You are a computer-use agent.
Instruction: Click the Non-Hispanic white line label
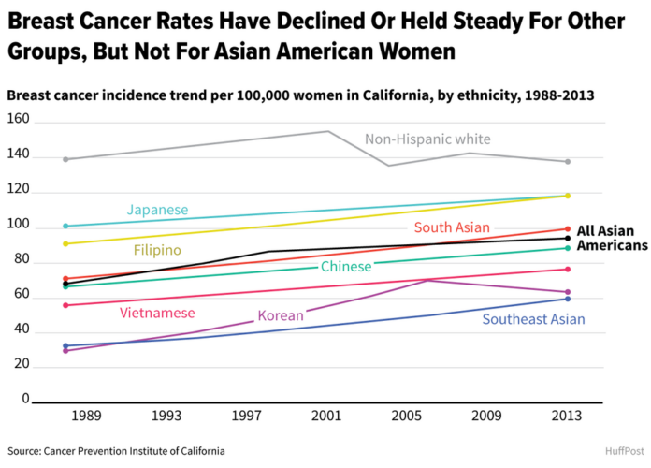[x=427, y=140]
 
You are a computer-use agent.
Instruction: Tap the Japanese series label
[x=158, y=210]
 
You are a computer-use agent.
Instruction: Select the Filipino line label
[x=157, y=251]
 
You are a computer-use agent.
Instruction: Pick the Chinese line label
[x=346, y=268]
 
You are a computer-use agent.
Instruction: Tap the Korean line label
[x=281, y=316]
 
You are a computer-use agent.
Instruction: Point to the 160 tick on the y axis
[x=19, y=122]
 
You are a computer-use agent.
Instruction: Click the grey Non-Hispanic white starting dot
[x=65, y=159]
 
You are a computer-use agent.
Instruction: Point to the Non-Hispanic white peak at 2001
[x=327, y=131]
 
